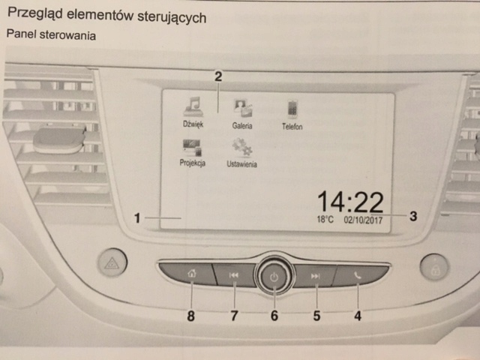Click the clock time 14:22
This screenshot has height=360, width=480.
pyautogui.click(x=350, y=202)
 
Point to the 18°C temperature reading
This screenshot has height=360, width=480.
pyautogui.click(x=324, y=220)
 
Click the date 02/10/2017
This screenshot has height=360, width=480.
pyautogui.click(x=364, y=220)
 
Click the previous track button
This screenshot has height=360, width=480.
pyautogui.click(x=234, y=276)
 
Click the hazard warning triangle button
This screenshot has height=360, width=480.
pyautogui.click(x=112, y=262)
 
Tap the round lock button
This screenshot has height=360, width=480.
pyautogui.click(x=434, y=266)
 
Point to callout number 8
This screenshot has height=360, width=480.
pyautogui.click(x=191, y=316)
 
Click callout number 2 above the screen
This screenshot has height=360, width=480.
pyautogui.click(x=217, y=76)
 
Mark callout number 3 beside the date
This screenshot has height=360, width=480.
pyautogui.click(x=413, y=216)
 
